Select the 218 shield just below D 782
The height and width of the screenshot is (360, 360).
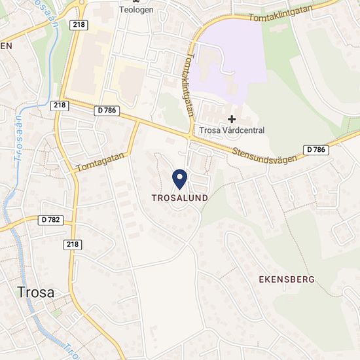pos(72,243)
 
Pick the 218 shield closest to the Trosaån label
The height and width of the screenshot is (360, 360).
pos(59,105)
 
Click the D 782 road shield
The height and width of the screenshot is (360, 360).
pos(50,220)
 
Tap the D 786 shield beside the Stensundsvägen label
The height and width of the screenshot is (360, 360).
pos(315,150)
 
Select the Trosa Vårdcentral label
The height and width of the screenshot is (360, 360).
pos(232,130)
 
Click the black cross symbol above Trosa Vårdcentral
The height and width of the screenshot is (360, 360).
pos(231,118)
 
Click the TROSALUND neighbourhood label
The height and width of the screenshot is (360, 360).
pos(179,197)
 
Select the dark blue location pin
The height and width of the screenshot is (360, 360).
pos(179,177)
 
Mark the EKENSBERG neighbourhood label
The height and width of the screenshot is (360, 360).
pos(287,279)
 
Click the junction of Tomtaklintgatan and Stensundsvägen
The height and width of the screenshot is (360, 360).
pos(190,137)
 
